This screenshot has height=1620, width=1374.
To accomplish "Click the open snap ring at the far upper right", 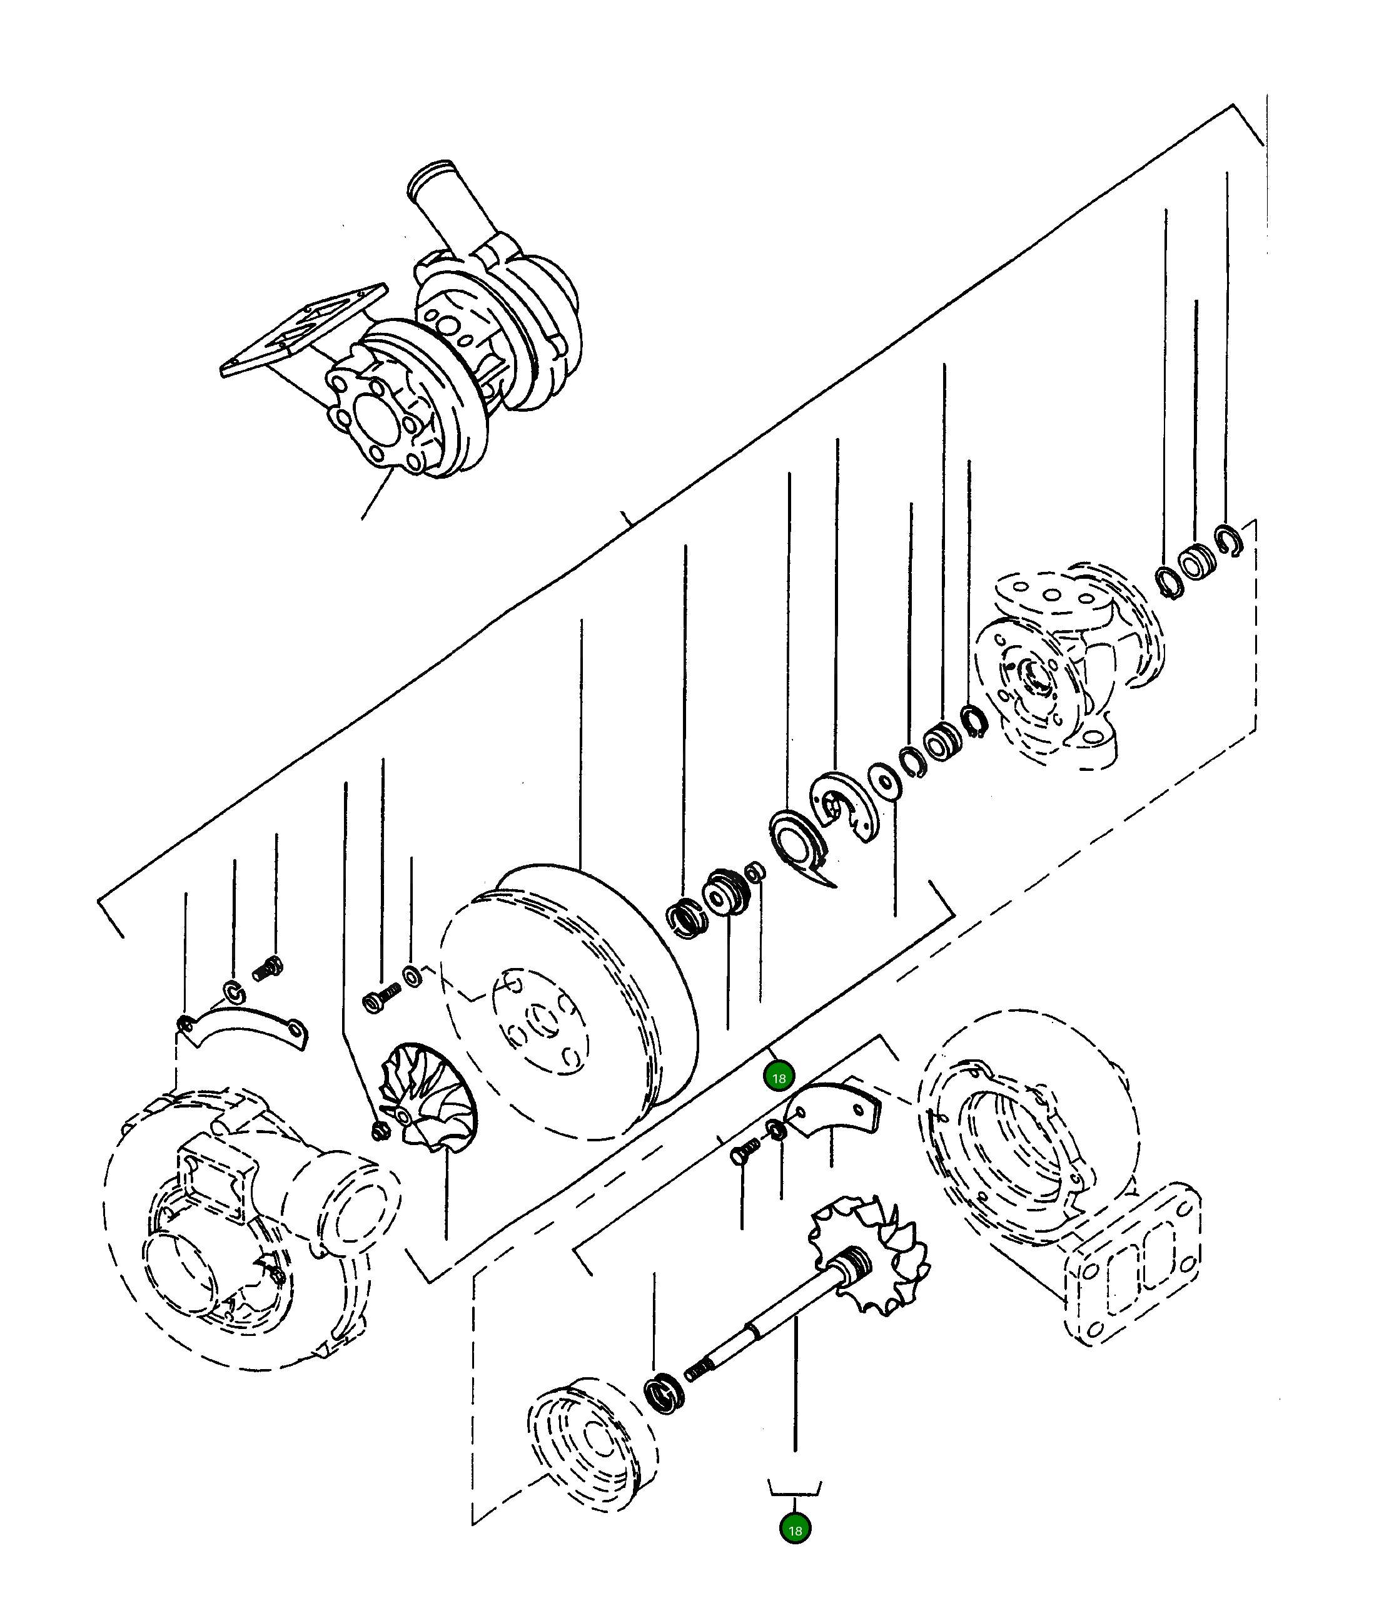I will (x=1228, y=541).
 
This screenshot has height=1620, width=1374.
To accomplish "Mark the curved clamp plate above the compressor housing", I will (x=243, y=1030).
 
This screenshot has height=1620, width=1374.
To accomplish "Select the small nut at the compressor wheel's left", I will (x=380, y=1131).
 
